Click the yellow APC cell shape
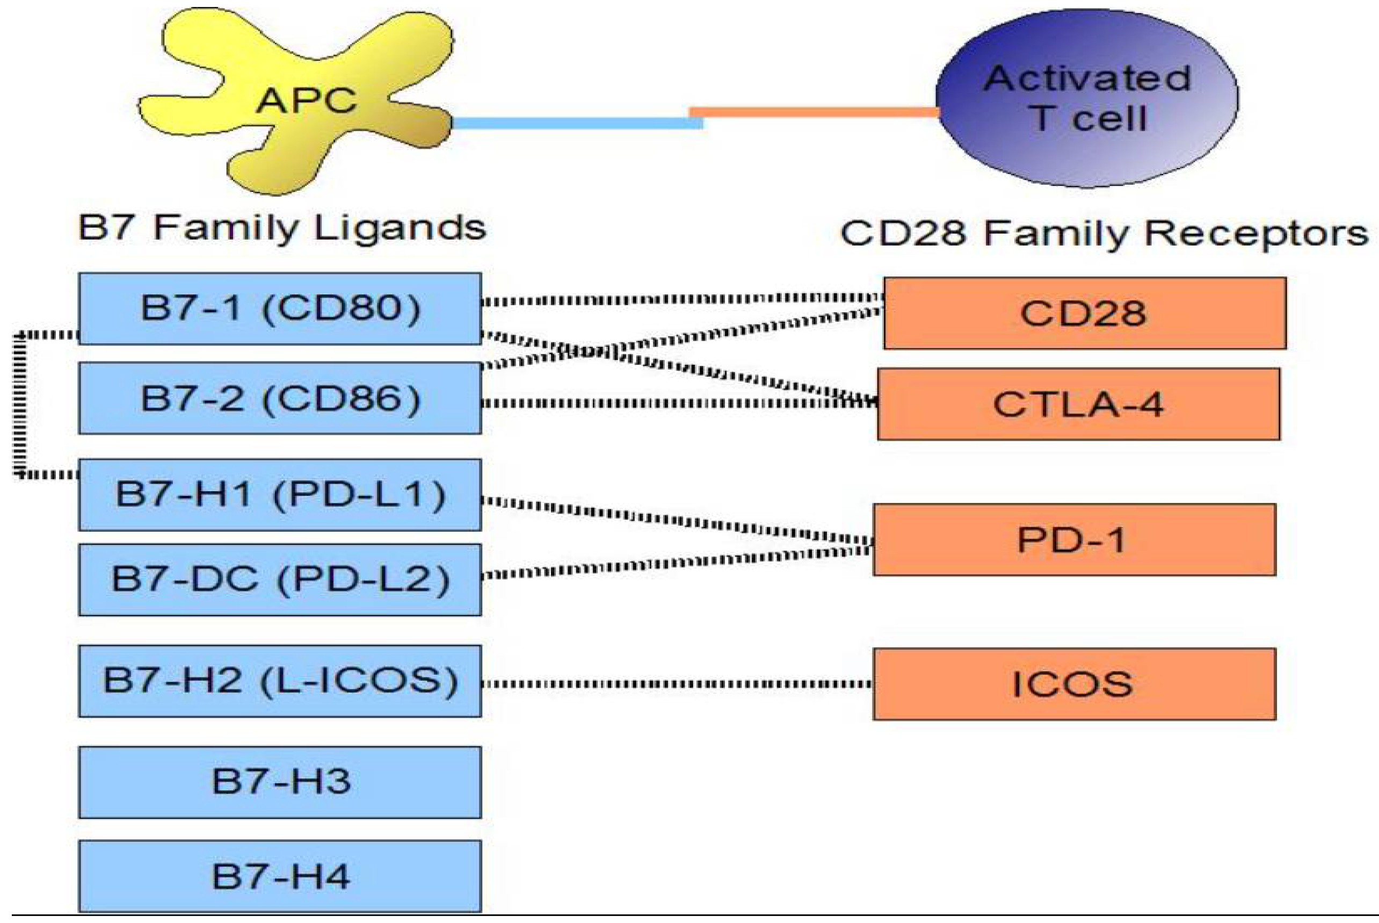pyautogui.click(x=306, y=100)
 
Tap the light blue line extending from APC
pyautogui.click(x=577, y=123)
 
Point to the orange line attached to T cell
pyautogui.click(x=812, y=112)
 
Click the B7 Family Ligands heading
pyautogui.click(x=282, y=228)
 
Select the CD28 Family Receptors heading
pyautogui.click(x=1104, y=234)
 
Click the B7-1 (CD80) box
pyautogui.click(x=280, y=308)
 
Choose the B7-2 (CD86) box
pyautogui.click(x=280, y=399)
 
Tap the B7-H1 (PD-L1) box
pyautogui.click(x=280, y=494)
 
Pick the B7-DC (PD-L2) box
pyautogui.click(x=280, y=579)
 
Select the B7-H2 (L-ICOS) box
pyautogui.click(x=280, y=681)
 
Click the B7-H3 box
pyautogui.click(x=280, y=782)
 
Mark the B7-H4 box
pyautogui.click(x=280, y=876)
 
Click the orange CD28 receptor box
pyautogui.click(x=1084, y=313)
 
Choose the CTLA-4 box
pyautogui.click(x=1078, y=405)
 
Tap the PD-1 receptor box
pyautogui.click(x=1074, y=539)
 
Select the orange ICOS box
pyautogui.click(x=1074, y=684)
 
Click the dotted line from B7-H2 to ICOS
pyautogui.click(x=677, y=684)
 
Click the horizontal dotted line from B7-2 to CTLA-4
pyautogui.click(x=677, y=403)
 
